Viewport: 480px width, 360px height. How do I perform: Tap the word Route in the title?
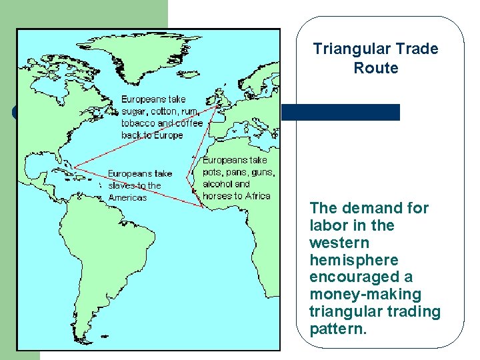(376, 68)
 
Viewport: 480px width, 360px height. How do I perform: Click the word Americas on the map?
(127, 197)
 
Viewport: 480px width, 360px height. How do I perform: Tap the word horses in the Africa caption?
(217, 195)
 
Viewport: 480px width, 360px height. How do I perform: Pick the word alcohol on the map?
(217, 183)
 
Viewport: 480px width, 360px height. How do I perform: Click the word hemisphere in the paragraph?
(345, 260)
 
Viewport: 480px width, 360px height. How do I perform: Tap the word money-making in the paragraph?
(365, 295)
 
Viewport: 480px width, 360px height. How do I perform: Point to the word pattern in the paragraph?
(338, 329)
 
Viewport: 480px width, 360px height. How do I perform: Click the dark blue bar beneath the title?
(341, 112)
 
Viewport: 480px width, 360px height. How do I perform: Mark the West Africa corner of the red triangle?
(202, 205)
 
